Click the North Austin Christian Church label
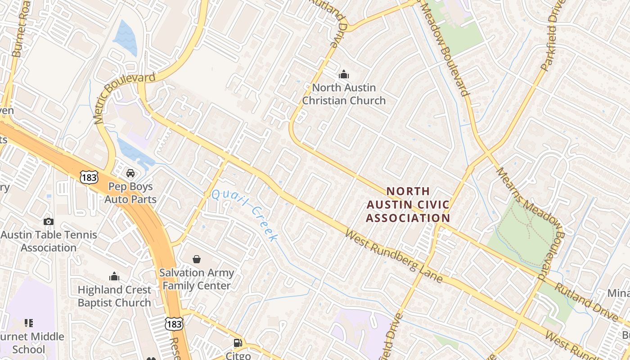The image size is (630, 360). (x=344, y=94)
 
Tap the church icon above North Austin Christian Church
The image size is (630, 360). (x=344, y=74)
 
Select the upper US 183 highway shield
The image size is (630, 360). (x=89, y=177)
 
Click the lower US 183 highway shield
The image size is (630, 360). (x=174, y=324)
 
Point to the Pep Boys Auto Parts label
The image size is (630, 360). (x=130, y=193)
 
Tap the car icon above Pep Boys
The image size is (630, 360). (x=130, y=173)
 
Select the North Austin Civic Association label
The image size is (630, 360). (x=408, y=205)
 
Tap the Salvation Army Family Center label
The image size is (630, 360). (x=197, y=279)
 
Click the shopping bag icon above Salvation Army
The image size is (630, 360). (x=197, y=259)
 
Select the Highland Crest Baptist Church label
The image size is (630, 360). (x=114, y=296)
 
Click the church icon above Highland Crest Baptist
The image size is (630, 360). (x=114, y=276)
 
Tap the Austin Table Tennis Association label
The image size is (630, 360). (x=49, y=241)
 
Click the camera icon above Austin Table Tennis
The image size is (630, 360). (x=49, y=221)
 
